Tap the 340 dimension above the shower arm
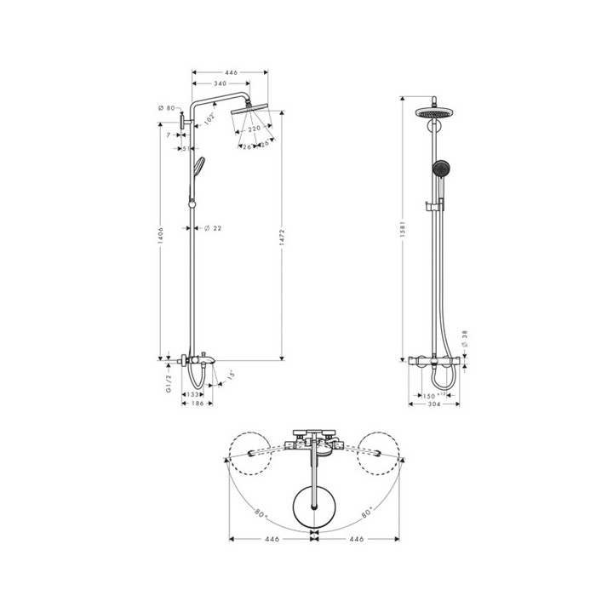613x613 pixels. tap(221, 84)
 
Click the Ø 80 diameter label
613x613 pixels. tap(166, 108)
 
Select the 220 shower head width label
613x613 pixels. tap(254, 129)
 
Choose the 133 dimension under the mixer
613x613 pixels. tap(193, 395)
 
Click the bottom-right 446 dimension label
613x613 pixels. tap(357, 539)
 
